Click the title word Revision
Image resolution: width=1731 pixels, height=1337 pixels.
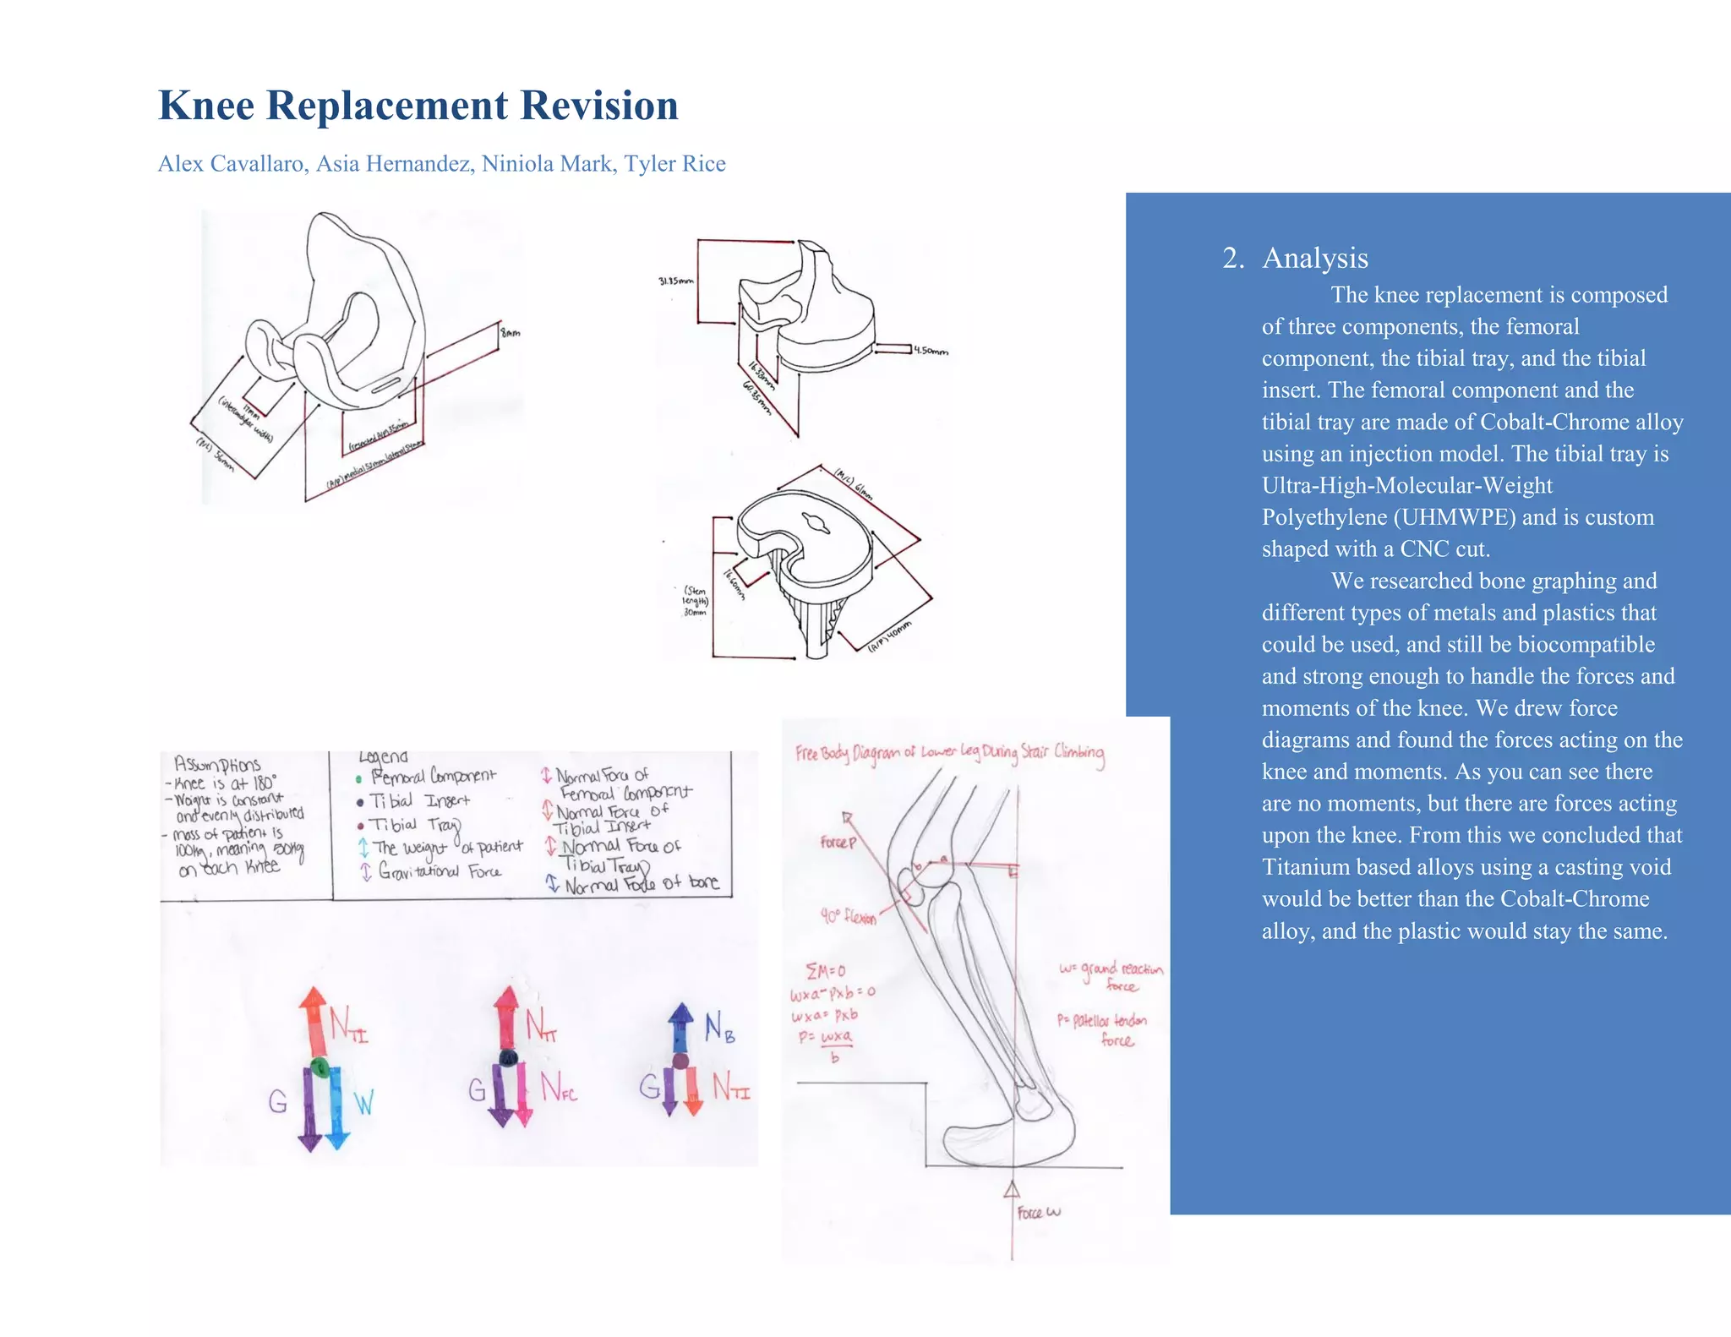tap(598, 106)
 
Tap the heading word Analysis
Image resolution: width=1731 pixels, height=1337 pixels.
tap(1314, 258)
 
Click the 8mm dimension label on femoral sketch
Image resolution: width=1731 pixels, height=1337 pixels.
tap(511, 333)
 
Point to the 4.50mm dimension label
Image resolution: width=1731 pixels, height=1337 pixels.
tap(931, 351)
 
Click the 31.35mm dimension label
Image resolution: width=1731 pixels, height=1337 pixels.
tap(675, 281)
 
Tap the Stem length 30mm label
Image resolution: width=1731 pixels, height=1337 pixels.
tap(695, 601)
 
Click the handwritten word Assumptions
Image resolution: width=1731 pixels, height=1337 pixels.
tap(217, 765)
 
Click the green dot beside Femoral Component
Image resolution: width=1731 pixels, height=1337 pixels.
tap(359, 779)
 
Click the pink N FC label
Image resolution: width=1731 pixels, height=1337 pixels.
tap(558, 1087)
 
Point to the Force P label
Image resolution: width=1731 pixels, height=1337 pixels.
tap(838, 842)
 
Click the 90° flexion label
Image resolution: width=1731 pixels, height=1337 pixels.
tap(848, 916)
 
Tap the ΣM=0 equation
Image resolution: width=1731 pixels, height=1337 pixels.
tap(825, 970)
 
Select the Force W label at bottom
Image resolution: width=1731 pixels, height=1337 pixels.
tap(1038, 1213)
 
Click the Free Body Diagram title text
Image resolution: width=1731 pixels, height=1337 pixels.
tap(948, 752)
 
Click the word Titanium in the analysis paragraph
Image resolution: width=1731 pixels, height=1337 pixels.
tap(1304, 867)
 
